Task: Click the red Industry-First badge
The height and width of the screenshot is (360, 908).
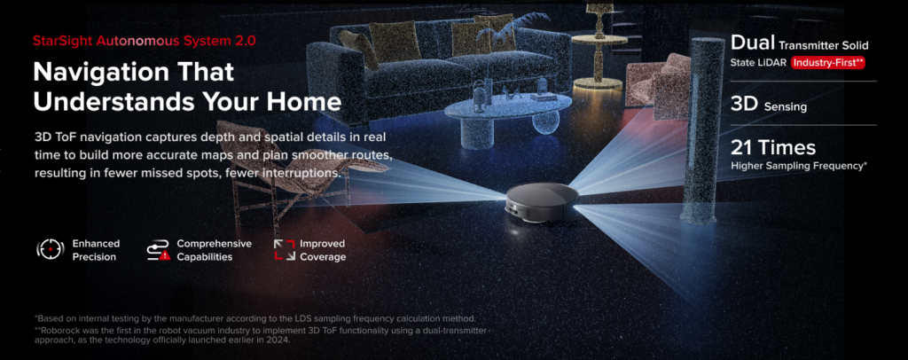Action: click(x=827, y=63)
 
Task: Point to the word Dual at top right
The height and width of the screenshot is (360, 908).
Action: click(x=751, y=43)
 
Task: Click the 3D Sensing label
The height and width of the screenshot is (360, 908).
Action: click(x=768, y=106)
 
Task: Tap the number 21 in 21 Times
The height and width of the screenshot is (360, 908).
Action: click(x=743, y=147)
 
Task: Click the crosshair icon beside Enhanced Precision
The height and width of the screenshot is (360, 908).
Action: click(x=50, y=250)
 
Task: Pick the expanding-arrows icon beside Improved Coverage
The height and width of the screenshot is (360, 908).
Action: click(x=284, y=250)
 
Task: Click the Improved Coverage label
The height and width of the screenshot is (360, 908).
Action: click(x=323, y=250)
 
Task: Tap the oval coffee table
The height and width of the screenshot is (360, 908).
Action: click(x=496, y=111)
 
